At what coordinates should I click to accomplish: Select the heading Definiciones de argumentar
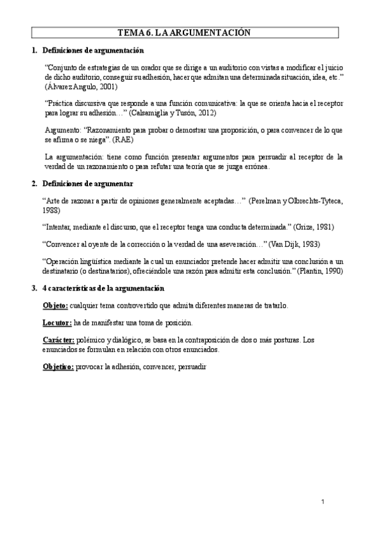[x=87, y=184]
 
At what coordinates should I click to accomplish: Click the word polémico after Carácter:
[x=93, y=340]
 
